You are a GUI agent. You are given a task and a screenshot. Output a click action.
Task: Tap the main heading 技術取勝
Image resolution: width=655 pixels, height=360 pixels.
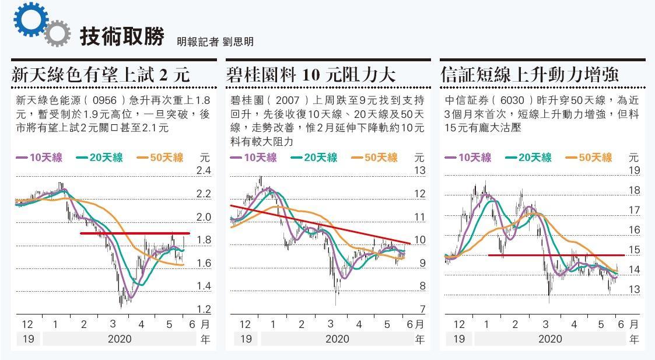(x=122, y=36)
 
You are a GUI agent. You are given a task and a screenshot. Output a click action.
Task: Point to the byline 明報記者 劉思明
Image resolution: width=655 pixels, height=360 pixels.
(x=215, y=41)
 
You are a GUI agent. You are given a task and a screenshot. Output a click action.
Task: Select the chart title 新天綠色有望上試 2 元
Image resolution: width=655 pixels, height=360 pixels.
(x=101, y=75)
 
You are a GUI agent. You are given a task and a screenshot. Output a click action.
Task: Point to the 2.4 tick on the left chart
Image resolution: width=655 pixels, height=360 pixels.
(x=204, y=171)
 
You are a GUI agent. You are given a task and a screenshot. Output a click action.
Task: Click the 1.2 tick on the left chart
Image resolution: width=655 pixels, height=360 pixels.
(x=204, y=309)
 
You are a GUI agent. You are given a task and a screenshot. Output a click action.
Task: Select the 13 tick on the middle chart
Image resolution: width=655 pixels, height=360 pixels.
(x=420, y=171)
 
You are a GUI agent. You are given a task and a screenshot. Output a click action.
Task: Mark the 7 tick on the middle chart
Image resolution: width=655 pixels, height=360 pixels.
(x=423, y=309)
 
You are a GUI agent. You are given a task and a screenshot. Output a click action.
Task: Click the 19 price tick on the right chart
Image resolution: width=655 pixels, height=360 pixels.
(x=635, y=170)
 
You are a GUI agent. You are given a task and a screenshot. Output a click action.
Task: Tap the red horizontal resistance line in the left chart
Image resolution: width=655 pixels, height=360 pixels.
(x=134, y=233)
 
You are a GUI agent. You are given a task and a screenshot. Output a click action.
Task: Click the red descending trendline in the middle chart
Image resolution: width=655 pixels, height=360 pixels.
(x=321, y=225)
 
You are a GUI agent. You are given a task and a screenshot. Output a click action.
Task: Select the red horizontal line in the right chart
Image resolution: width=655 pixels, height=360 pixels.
(x=554, y=255)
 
